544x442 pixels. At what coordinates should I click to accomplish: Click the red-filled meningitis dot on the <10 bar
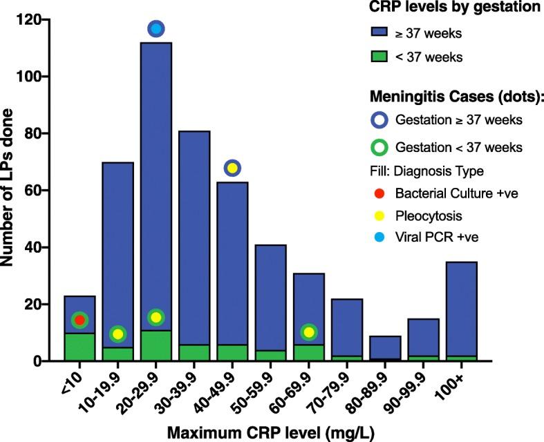pos(79,320)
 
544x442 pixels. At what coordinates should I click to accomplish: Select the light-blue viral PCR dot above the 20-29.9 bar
pos(156,28)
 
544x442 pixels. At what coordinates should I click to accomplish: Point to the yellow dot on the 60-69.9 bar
pos(308,332)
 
